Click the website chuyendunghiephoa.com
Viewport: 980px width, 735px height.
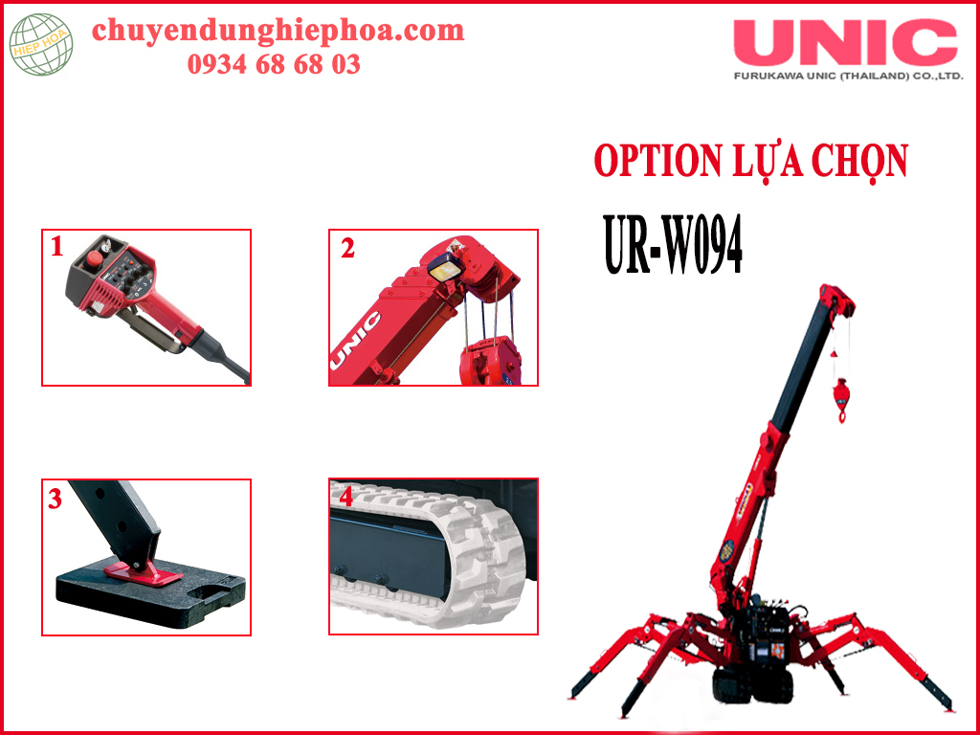tap(278, 32)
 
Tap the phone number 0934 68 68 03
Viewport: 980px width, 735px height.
tap(274, 64)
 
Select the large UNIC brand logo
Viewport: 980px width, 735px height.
tap(846, 42)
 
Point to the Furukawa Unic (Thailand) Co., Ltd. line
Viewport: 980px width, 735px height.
tap(849, 77)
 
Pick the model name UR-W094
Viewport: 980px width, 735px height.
tap(673, 246)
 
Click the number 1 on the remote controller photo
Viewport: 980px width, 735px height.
tap(56, 248)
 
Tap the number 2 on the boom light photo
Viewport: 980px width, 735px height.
tap(347, 249)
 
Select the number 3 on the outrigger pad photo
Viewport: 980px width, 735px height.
tap(55, 500)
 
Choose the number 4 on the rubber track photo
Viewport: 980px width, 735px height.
tap(345, 497)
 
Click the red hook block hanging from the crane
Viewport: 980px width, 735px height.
tap(841, 397)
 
